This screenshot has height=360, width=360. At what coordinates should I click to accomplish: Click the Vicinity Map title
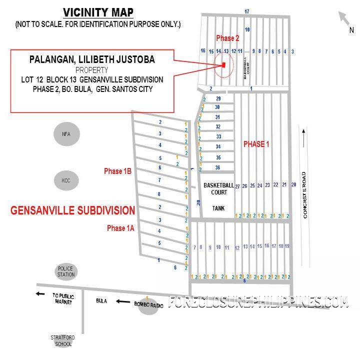[x=98, y=12]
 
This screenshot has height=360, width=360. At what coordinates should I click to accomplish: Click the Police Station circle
[x=66, y=271]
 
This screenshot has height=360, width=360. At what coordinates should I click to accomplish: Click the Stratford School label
[x=63, y=340]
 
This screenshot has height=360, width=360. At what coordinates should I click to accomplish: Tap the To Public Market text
[x=63, y=298]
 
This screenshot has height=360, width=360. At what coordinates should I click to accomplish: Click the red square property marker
[x=224, y=65]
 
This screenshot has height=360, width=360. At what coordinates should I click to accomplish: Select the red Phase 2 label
[x=227, y=38]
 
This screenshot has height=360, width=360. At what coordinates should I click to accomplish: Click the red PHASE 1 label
[x=256, y=144]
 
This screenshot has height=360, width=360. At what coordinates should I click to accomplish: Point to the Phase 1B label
[x=117, y=171]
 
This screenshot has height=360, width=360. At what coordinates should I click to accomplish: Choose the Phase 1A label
[x=120, y=228]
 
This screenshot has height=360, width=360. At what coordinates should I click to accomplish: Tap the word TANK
[x=218, y=208]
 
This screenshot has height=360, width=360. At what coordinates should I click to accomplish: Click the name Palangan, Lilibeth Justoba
[x=92, y=60]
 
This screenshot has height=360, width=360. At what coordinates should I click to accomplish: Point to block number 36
[x=218, y=167]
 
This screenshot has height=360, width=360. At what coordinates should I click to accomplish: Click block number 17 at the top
[x=246, y=11]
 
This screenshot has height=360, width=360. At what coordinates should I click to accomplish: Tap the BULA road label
[x=101, y=301]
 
